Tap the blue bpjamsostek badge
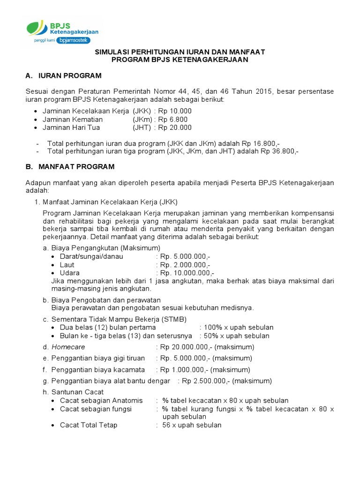pos(73,40)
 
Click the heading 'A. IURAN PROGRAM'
pos(63,76)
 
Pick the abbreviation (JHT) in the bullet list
pos(142,127)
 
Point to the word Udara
pos(69,273)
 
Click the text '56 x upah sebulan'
pos(192,425)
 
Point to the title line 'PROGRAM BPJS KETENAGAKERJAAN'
pos(180,60)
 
